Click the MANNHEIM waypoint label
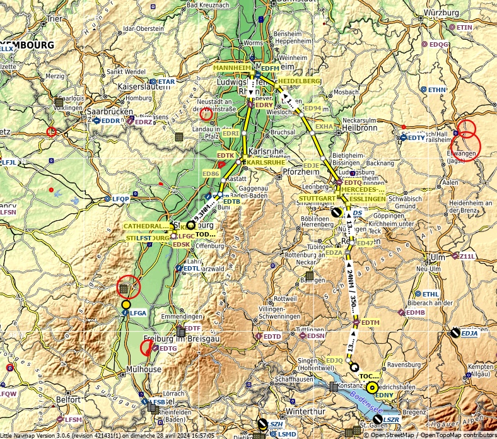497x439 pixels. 232,67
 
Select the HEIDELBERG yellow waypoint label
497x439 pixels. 299,81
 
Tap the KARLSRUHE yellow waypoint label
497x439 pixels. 265,162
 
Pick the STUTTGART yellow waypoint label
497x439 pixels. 317,198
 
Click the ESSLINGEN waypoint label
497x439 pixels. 366,199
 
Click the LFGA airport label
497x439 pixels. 138,313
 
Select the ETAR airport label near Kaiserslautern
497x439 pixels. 166,82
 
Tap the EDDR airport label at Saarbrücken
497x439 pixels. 111,120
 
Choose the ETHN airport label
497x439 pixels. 437,90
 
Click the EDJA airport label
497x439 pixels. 469,334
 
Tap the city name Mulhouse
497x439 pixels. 143,369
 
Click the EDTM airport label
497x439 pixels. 370,323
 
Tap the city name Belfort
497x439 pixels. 69,399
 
